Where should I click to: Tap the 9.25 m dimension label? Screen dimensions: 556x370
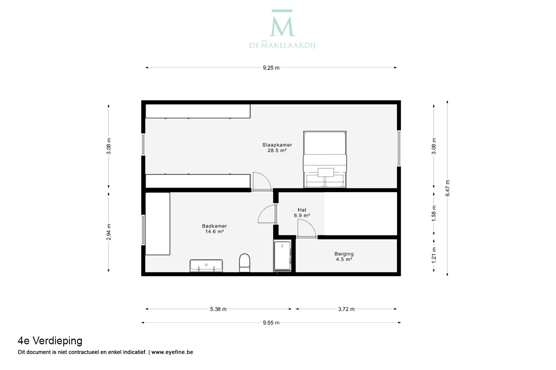tap(271, 68)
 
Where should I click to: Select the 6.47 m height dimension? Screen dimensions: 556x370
tap(447, 188)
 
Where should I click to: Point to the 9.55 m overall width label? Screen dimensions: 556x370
tap(271, 323)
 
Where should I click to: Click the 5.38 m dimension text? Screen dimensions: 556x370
tap(218, 309)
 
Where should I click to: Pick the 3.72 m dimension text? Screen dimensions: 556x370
tap(346, 309)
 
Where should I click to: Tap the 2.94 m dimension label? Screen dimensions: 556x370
tap(109, 232)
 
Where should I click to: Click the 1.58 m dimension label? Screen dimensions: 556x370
tap(434, 214)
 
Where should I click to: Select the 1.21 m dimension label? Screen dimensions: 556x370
tap(434, 255)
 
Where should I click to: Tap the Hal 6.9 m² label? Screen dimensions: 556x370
tap(302, 212)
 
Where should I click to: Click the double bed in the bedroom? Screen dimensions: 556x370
tap(325, 159)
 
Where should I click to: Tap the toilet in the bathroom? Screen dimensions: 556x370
tap(245, 263)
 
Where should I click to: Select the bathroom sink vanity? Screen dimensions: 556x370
tap(206, 266)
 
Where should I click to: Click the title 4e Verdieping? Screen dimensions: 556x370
tap(50, 341)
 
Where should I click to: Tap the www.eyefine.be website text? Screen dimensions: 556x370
tap(172, 352)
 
